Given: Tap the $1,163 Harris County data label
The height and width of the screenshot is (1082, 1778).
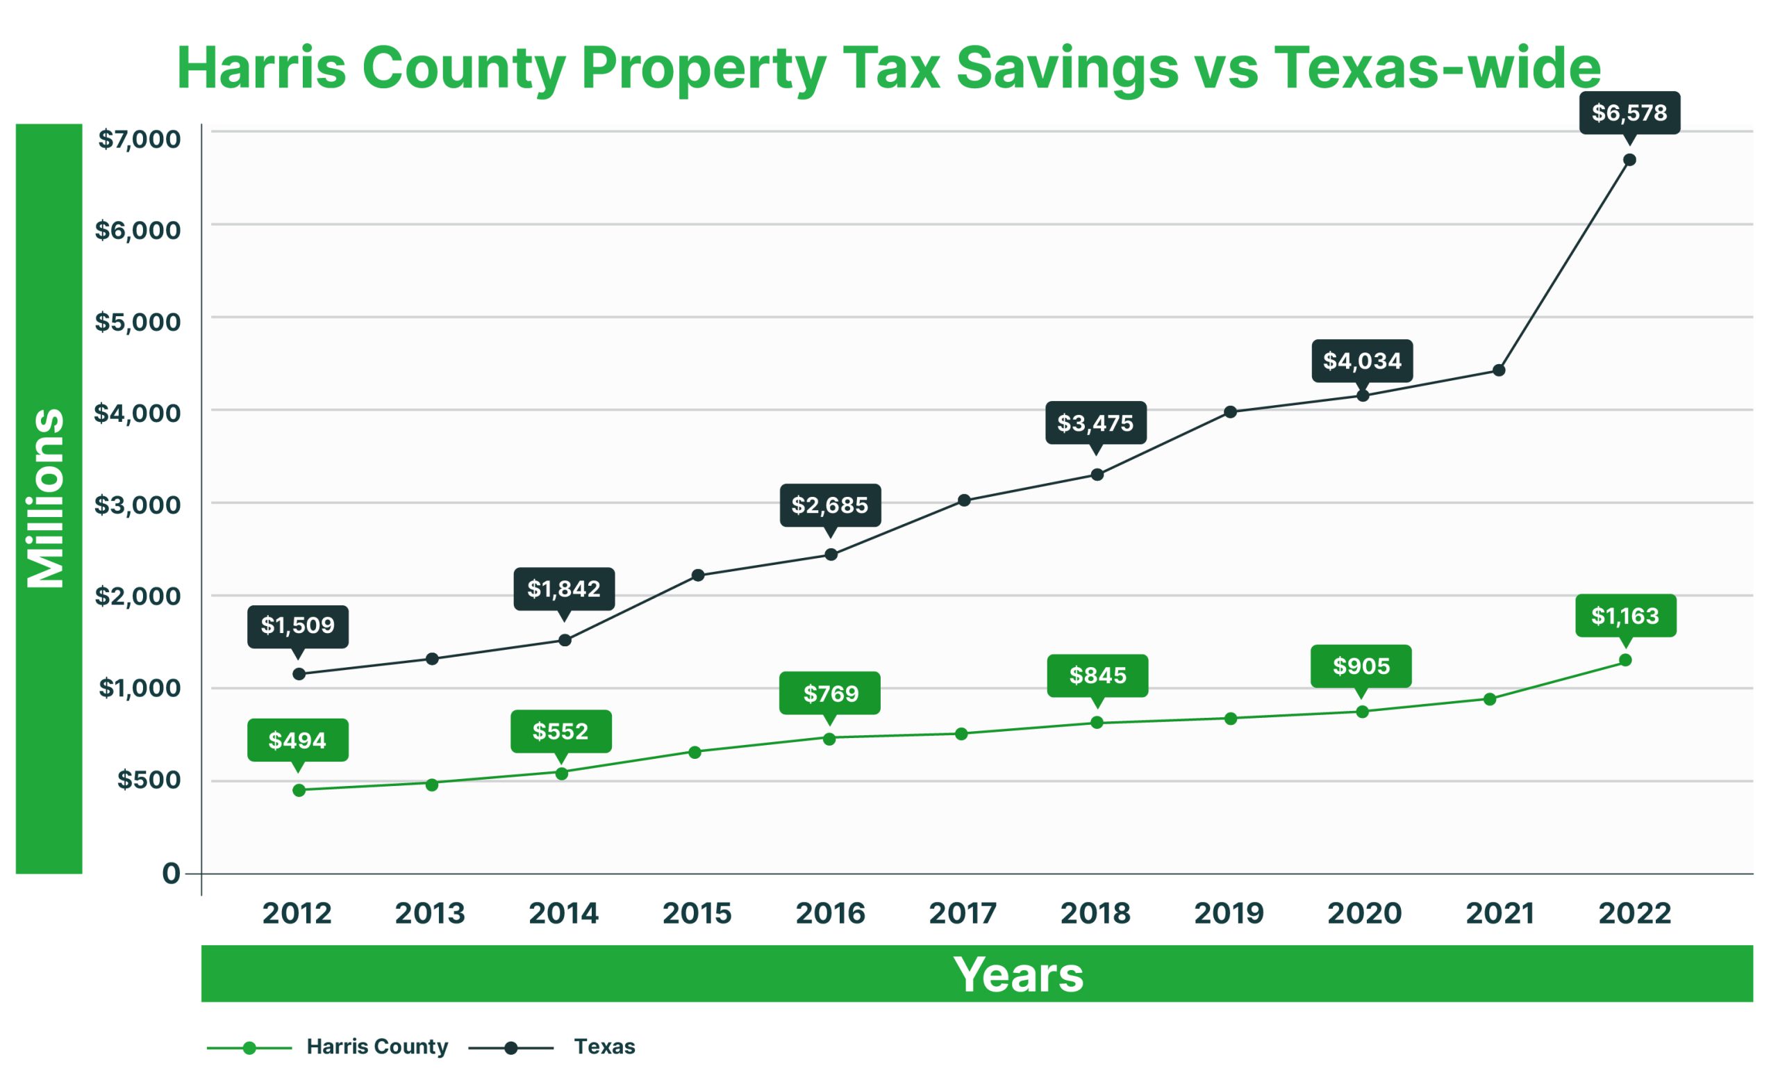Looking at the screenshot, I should tap(1625, 616).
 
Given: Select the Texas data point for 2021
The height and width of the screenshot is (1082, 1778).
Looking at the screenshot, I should tap(1499, 370).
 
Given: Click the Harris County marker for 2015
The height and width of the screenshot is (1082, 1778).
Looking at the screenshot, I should tap(695, 752).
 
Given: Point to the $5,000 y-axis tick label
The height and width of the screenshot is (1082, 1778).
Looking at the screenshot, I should tap(138, 322).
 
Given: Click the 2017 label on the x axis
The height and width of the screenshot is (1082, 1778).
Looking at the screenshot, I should tap(963, 913).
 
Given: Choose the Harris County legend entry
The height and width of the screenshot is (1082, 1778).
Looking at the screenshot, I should tap(376, 1047).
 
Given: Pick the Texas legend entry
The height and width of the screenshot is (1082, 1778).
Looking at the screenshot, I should tap(604, 1047).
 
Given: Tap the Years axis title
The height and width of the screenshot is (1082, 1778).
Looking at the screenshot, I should tap(1018, 974).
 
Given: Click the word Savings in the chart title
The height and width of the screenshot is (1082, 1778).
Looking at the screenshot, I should tap(1067, 68).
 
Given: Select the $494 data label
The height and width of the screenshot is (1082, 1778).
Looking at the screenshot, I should tap(297, 740).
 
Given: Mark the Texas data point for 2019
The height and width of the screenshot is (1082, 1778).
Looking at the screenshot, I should tap(1230, 412).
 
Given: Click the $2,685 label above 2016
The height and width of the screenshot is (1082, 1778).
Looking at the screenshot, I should tap(830, 505).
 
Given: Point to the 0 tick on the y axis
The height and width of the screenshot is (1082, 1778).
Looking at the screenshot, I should tap(171, 874).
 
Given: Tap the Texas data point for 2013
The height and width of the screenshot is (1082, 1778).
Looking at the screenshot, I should tap(432, 659).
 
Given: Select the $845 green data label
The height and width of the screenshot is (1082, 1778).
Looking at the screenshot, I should tap(1097, 675).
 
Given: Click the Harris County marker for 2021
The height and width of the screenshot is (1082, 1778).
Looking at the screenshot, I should tap(1489, 698).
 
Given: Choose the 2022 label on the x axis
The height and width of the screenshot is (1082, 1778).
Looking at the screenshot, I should tap(1634, 913).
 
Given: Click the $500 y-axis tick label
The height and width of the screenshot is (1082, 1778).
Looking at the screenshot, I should tap(149, 780).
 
